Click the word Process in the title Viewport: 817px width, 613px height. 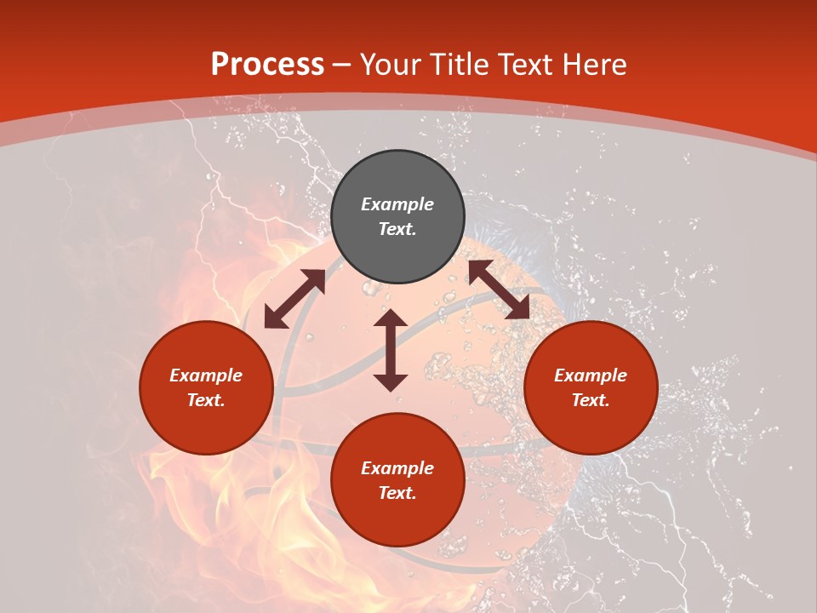tap(267, 65)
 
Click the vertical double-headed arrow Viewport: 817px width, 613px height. tap(391, 350)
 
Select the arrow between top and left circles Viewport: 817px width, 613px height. tap(294, 299)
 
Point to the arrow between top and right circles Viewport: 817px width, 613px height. tap(499, 289)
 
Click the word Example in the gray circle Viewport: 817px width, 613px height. tap(397, 204)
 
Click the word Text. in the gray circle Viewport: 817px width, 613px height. tap(397, 229)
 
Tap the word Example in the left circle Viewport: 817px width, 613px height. tap(206, 375)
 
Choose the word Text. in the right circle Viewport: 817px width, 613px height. tap(591, 400)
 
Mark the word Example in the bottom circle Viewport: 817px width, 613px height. tap(397, 468)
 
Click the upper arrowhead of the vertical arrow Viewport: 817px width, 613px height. tap(391, 320)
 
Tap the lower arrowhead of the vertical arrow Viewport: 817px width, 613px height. tap(391, 381)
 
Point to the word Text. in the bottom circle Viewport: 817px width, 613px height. tap(397, 493)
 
